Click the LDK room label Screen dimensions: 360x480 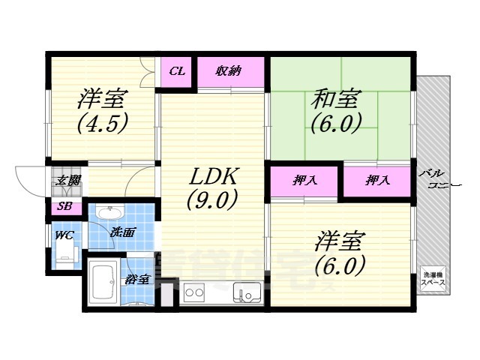coord(213,178)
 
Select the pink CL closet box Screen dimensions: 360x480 coord(178,72)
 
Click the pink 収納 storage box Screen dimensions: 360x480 coord(229,72)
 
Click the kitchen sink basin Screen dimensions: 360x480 coord(245,291)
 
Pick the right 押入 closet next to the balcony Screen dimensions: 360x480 coord(376,180)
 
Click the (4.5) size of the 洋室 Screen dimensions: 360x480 coord(101,121)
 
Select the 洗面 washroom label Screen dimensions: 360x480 coord(122,232)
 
